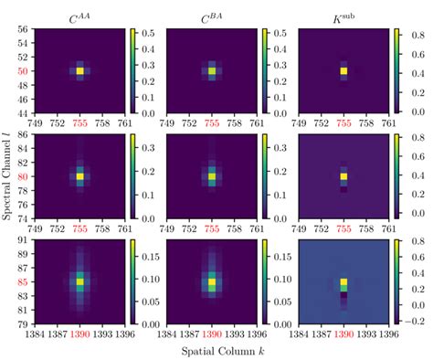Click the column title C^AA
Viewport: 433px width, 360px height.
tap(79, 14)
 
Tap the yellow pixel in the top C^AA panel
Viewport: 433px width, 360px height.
tap(79, 70)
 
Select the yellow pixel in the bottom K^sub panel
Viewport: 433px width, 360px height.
tap(343, 283)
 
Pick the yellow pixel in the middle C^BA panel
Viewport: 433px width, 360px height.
tap(212, 176)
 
